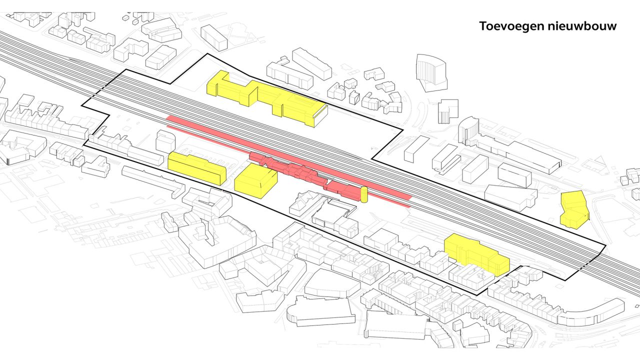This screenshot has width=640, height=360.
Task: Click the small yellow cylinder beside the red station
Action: click(364, 194)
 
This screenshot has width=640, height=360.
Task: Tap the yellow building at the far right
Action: click(574, 210)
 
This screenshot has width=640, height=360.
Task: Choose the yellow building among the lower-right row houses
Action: click(476, 253)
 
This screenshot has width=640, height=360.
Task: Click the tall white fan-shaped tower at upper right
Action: click(431, 72)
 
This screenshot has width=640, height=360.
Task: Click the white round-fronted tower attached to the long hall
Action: click(468, 131)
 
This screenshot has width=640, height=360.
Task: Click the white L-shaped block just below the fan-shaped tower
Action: click(448, 111)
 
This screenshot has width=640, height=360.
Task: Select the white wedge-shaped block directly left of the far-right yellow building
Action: click(510, 197)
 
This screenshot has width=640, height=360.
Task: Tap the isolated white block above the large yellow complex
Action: click(214, 37)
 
